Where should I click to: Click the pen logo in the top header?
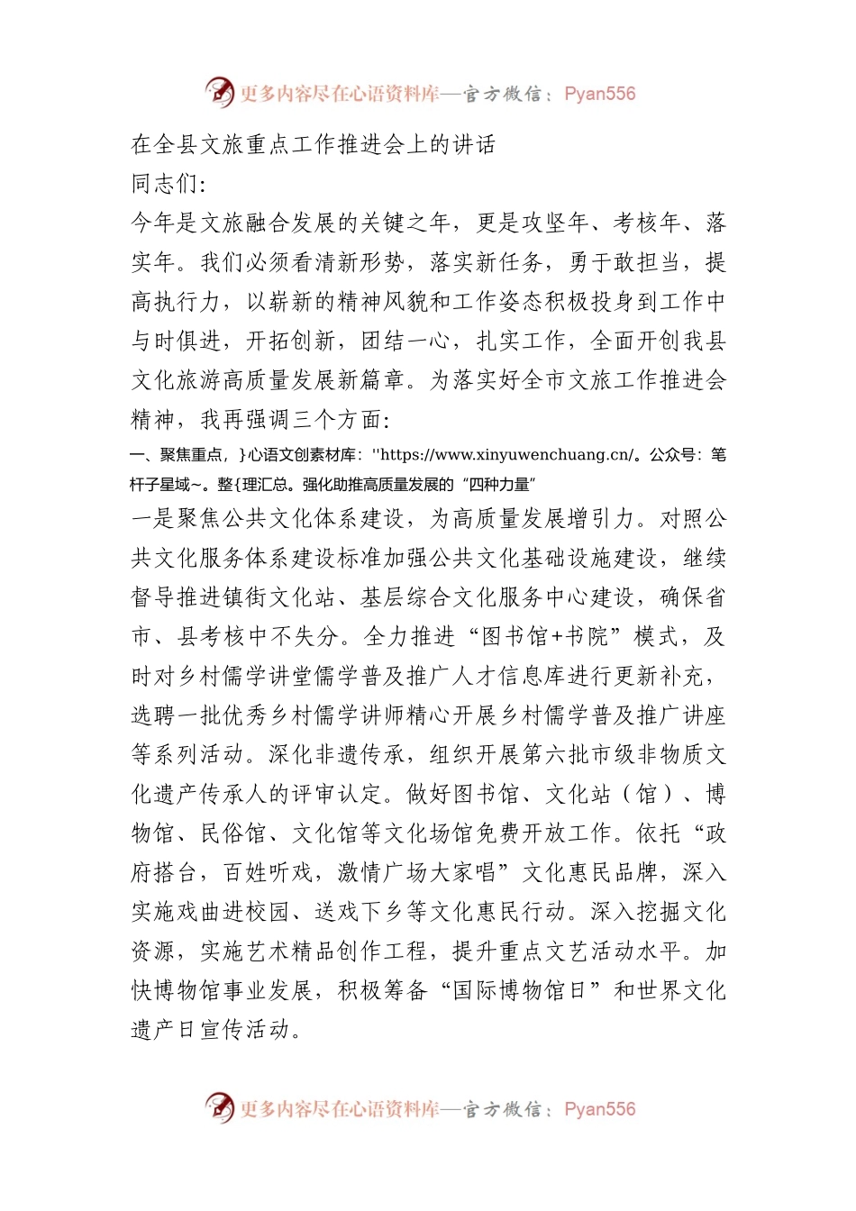[219, 92]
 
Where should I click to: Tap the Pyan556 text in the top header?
[599, 94]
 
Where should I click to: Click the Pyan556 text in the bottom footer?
[599, 1109]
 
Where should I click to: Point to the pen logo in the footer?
[219, 1107]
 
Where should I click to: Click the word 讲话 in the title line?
[473, 144]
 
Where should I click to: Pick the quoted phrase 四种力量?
[501, 485]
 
